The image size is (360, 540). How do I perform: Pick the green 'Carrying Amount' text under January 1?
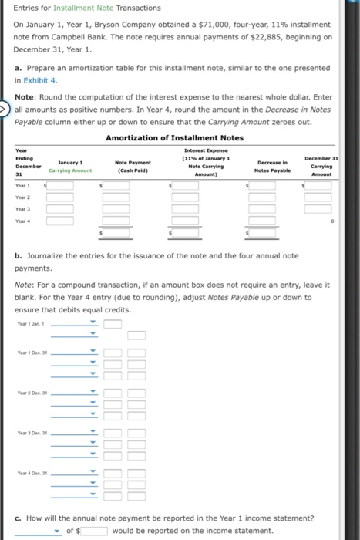[70, 170]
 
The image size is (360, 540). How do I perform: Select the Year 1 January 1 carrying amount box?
[60, 187]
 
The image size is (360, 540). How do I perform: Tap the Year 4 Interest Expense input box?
[186, 220]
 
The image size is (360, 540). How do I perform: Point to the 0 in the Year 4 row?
[332, 220]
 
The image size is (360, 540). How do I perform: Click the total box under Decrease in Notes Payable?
[262, 231]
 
